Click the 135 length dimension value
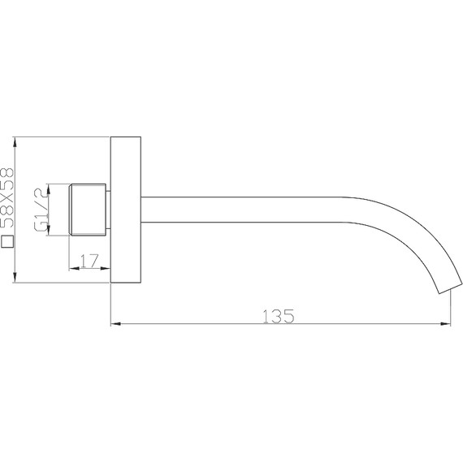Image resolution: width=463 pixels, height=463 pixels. [279, 315]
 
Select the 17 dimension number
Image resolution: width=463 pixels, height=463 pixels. [89, 261]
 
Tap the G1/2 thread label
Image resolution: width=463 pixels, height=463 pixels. [38, 210]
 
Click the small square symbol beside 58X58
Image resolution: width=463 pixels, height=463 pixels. [8, 241]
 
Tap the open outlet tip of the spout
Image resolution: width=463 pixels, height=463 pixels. [448, 285]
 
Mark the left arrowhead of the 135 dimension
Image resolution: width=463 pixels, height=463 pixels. [115, 325]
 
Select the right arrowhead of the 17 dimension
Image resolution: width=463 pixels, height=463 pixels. [105, 270]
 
